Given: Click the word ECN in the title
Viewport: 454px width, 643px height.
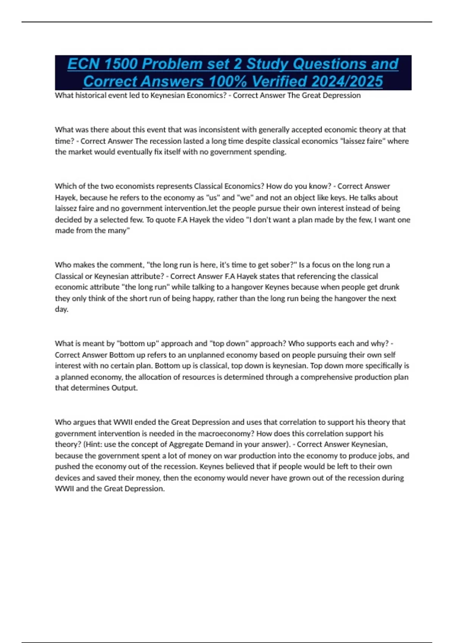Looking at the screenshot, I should click(84, 64).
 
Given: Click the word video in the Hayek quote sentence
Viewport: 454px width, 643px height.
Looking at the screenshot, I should click(234, 220).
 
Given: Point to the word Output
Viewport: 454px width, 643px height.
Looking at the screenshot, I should click(124, 388).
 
